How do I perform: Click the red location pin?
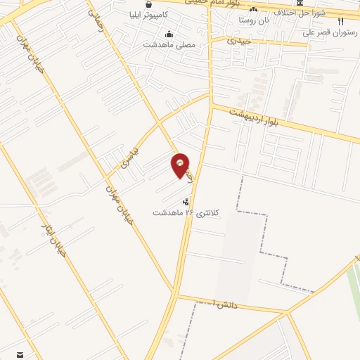click(181, 165)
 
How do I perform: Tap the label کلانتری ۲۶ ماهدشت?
click(186, 212)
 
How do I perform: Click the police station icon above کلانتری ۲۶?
click(186, 202)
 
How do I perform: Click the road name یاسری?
click(131, 157)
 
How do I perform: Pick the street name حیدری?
click(239, 41)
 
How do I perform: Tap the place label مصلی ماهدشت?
click(169, 44)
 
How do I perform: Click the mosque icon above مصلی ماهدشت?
click(169, 34)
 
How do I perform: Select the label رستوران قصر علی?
click(330, 31)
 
